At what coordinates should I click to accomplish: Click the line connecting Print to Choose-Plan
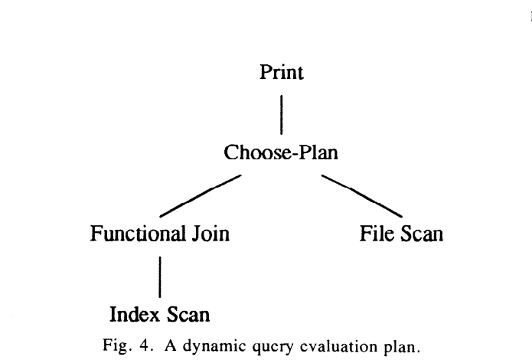click(282, 113)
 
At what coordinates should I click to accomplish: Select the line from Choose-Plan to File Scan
click(362, 195)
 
